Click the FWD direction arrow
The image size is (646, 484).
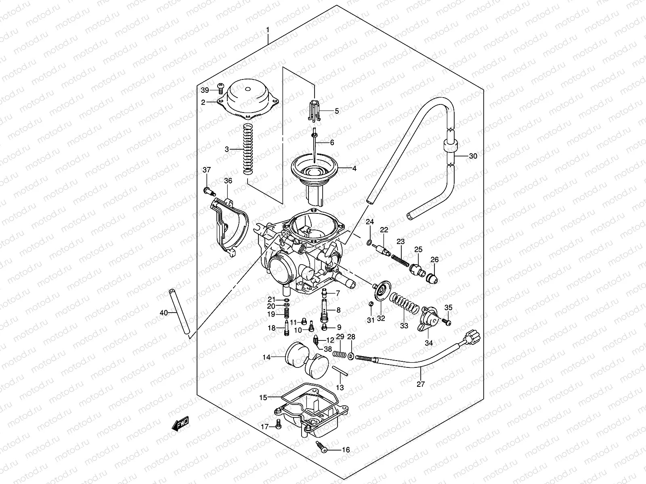(180, 424)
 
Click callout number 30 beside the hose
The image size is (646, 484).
(473, 156)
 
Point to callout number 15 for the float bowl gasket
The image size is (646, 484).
(263, 398)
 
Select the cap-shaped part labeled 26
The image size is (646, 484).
(432, 278)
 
